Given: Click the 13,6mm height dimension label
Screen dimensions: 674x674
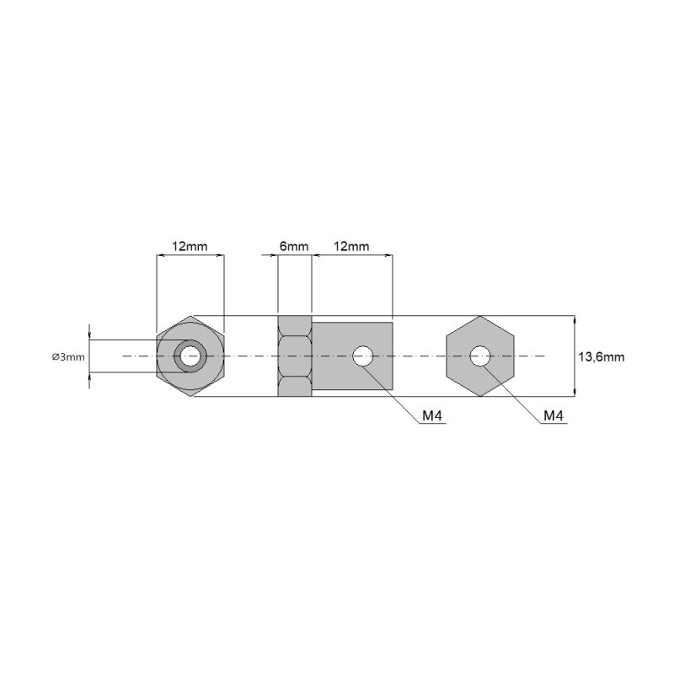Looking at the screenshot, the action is coord(601,357).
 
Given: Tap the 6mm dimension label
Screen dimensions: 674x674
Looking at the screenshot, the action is coord(294,247).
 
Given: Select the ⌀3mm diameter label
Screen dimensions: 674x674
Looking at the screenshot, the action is coord(68,357).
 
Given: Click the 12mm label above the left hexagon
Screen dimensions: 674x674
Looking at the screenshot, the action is coord(190,247).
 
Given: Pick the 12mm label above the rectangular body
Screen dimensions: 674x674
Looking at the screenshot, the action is coord(351,247).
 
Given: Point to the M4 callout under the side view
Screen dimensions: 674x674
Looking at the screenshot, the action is coord(432,415).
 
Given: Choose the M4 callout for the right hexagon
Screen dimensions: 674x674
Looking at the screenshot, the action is coord(554,415).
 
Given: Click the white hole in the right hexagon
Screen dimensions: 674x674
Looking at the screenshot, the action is coord(480,356).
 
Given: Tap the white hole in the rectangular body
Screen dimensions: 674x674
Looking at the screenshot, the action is coord(363,356).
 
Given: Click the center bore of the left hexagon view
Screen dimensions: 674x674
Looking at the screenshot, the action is coord(190,356).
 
